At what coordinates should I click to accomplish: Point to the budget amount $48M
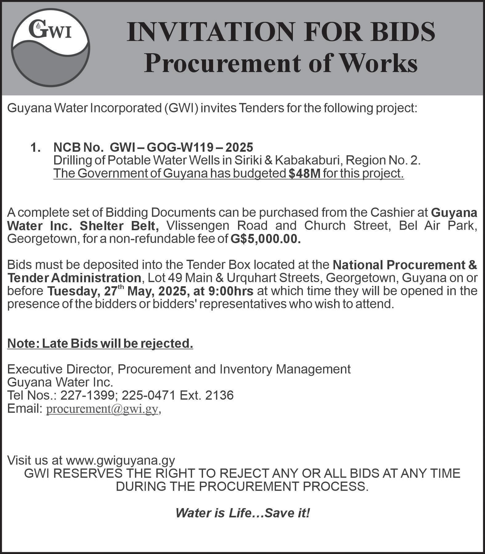[x=305, y=174]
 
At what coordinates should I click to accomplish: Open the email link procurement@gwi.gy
[x=102, y=409]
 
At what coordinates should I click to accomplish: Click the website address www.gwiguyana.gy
[x=120, y=460]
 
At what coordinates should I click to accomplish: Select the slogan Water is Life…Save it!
[x=242, y=513]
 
